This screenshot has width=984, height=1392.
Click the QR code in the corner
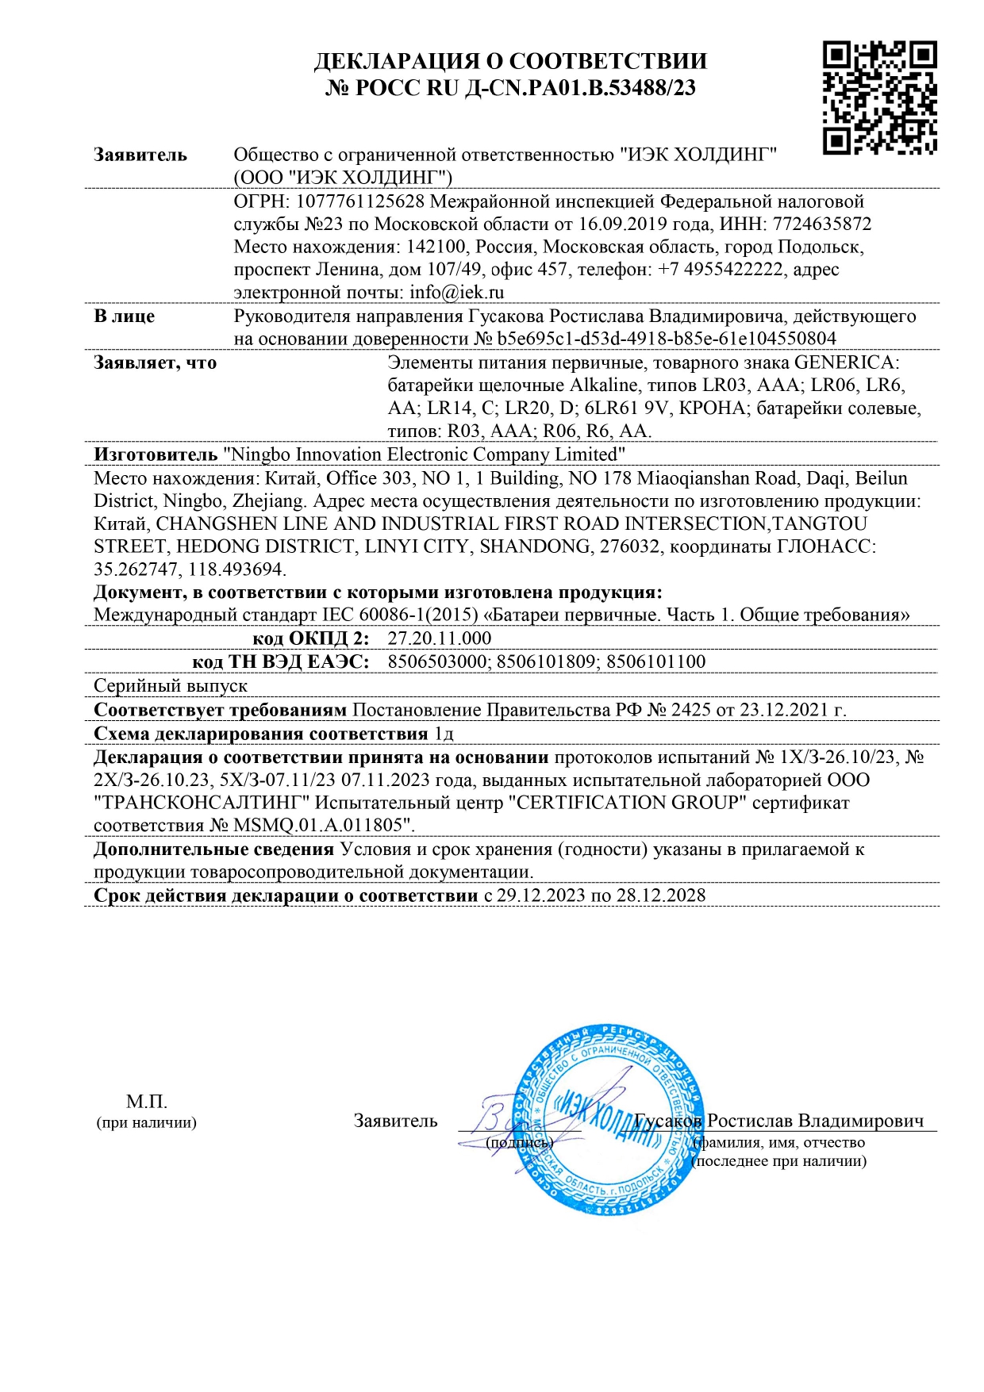pyautogui.click(x=879, y=98)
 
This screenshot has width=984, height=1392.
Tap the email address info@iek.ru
pyautogui.click(x=457, y=293)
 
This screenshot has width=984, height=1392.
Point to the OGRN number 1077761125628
pyautogui.click(x=369, y=201)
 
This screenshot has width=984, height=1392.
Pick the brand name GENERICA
pyautogui.click(x=847, y=362)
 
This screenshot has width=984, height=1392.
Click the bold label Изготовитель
pyautogui.click(x=156, y=454)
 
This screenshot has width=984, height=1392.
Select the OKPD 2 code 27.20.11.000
pyautogui.click(x=440, y=638)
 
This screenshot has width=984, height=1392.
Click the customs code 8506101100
pyautogui.click(x=655, y=661)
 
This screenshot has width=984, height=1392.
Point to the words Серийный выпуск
pyautogui.click(x=171, y=685)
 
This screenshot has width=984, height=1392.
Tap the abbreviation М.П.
pyautogui.click(x=147, y=1102)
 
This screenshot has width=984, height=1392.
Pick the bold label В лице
pyautogui.click(x=125, y=316)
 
